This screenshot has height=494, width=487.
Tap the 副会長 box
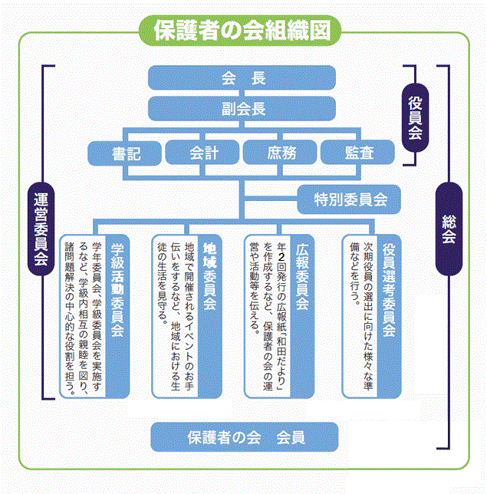pyautogui.click(x=243, y=108)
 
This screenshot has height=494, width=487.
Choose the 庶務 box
pyautogui.click(x=281, y=153)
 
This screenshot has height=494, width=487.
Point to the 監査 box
pyautogui.click(x=359, y=153)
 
